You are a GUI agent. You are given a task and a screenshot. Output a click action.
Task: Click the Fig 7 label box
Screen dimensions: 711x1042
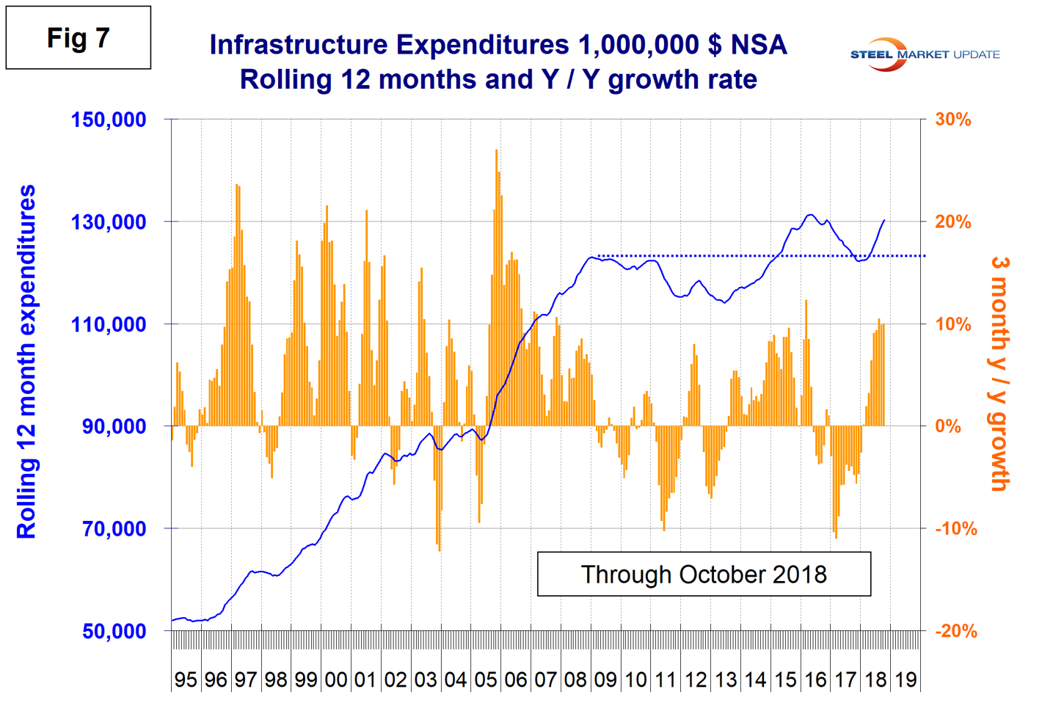79,38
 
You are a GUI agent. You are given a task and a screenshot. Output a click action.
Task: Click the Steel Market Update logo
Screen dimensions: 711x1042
925,54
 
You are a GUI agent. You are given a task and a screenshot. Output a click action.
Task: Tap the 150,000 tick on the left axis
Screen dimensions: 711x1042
109,120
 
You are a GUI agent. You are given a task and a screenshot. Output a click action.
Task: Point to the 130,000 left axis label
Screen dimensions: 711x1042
109,222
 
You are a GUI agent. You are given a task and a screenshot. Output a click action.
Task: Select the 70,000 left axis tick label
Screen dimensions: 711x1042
114,529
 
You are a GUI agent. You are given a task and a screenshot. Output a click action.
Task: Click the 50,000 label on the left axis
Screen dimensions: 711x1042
114,631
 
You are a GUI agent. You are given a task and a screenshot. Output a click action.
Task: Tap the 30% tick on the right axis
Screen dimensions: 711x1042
952,120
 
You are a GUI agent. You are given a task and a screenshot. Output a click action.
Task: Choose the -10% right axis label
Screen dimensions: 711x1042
955,529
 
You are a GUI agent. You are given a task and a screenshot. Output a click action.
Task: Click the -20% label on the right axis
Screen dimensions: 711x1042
955,631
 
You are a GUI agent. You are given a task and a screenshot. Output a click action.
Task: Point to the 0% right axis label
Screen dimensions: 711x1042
948,426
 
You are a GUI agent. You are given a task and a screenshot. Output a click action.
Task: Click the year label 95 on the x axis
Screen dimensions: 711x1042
186,680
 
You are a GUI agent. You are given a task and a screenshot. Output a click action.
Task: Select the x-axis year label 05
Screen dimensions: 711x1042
486,680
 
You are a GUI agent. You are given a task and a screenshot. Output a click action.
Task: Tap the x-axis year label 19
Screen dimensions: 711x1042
906,680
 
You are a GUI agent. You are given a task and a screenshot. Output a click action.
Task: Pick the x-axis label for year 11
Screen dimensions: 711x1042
666,680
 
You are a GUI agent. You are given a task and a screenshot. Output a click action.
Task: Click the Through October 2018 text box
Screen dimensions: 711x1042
704,575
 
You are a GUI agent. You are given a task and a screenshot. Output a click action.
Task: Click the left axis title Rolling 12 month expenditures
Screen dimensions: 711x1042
26,361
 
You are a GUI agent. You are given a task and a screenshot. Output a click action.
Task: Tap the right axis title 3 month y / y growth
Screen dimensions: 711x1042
999,373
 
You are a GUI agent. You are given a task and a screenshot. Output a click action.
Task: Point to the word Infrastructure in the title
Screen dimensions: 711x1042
299,45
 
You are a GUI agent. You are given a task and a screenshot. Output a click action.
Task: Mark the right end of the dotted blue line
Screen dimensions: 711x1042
925,256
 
